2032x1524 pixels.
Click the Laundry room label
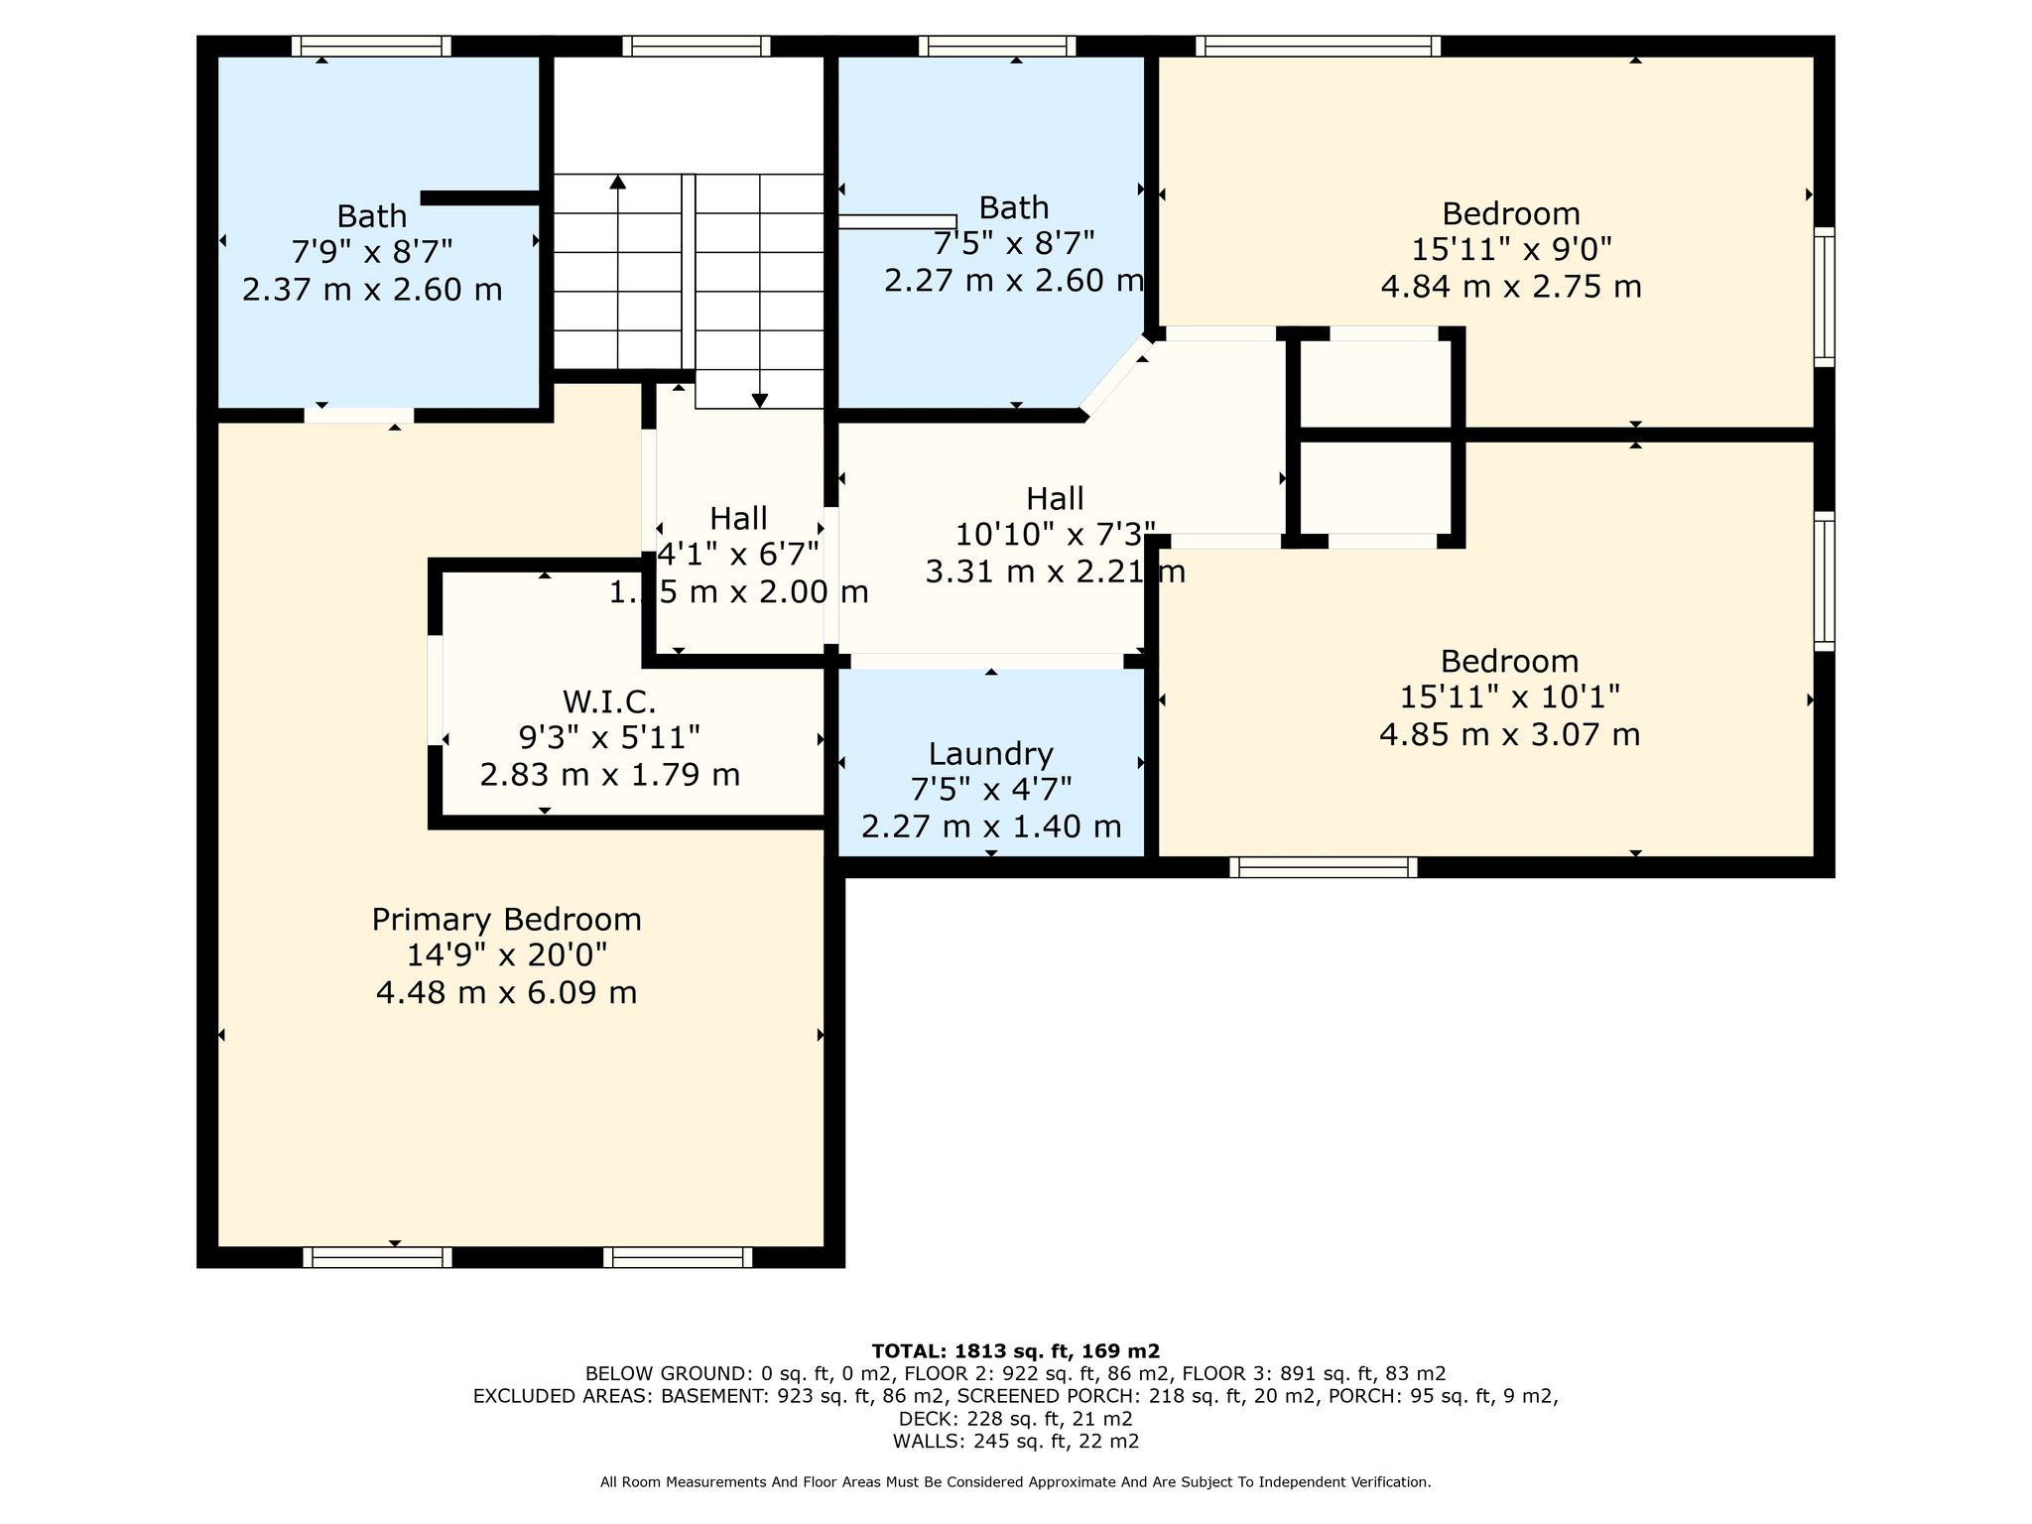coord(990,755)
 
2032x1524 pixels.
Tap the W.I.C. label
coord(609,701)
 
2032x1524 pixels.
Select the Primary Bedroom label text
coord(506,920)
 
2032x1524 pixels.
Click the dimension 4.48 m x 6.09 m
coord(506,992)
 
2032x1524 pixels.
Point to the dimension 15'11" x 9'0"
coord(1510,249)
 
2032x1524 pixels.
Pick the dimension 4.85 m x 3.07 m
coord(1509,735)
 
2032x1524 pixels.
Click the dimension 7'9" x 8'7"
coord(371,252)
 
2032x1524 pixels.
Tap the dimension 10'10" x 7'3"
coord(1055,535)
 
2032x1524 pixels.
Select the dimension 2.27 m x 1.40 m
coord(990,826)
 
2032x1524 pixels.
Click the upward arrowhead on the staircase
coord(618,182)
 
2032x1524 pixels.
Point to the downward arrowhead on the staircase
coord(760,401)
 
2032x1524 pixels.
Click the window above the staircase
coord(697,46)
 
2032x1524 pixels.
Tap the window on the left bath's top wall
coord(371,46)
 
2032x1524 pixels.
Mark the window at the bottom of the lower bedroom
coord(1324,867)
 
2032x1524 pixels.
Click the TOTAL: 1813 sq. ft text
coord(1015,1350)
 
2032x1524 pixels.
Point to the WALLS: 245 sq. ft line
coord(1015,1442)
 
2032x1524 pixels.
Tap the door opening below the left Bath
coord(359,416)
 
